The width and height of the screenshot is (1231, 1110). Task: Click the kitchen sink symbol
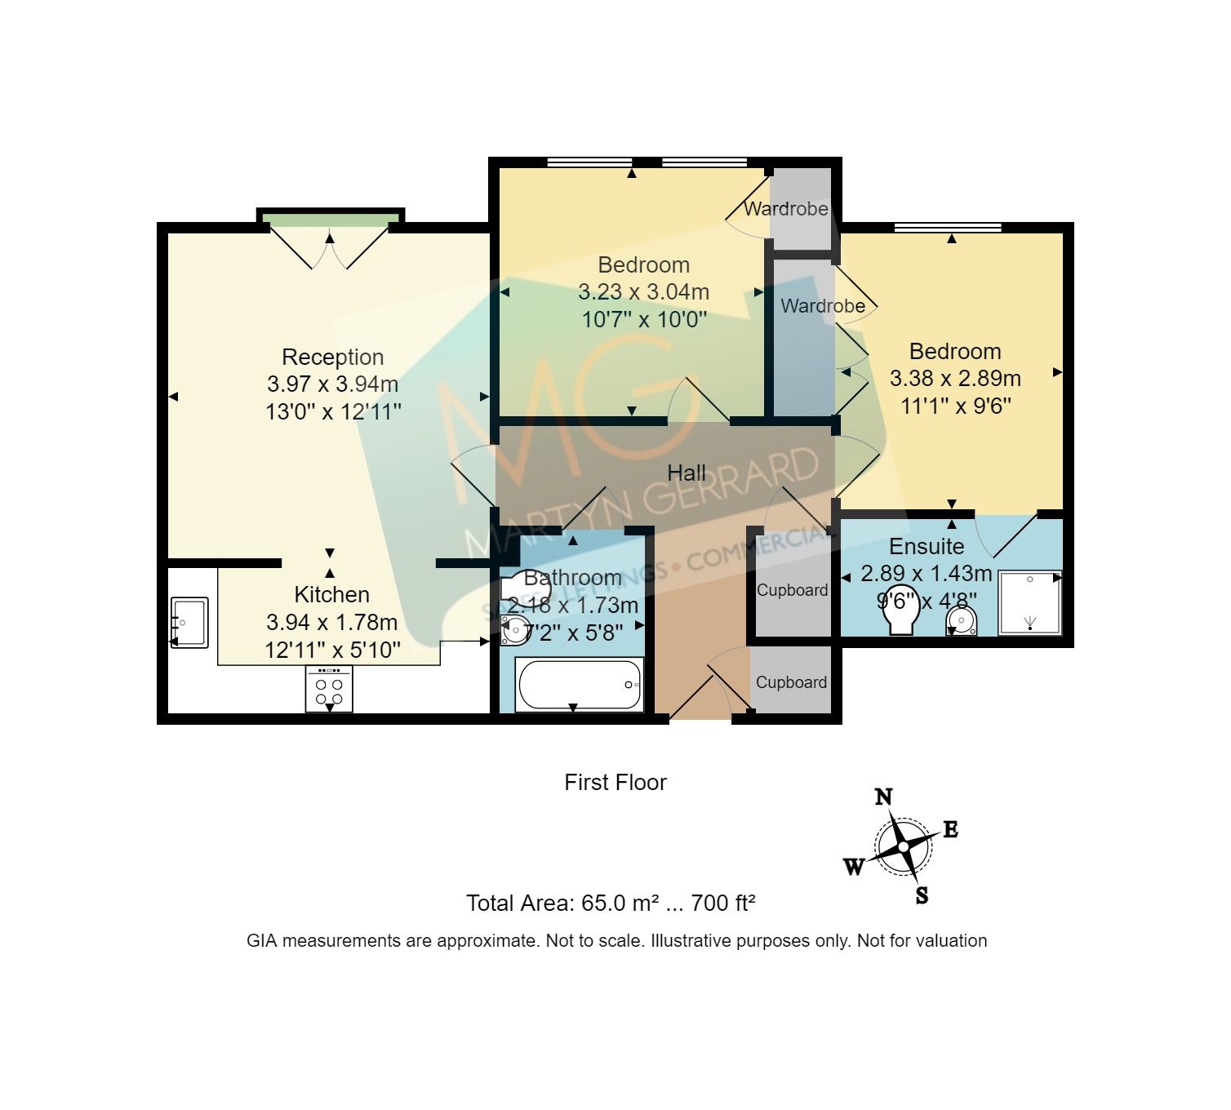click(x=189, y=623)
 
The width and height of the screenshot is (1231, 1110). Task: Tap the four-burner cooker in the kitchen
click(x=330, y=689)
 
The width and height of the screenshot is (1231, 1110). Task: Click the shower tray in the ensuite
click(x=1030, y=603)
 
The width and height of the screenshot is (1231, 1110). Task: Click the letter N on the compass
click(x=883, y=797)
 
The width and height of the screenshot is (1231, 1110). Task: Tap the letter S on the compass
click(x=922, y=895)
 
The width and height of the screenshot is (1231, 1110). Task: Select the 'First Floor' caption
click(x=615, y=783)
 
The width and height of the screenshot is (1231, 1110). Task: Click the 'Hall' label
click(x=687, y=473)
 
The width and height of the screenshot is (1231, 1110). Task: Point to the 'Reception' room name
click(x=332, y=357)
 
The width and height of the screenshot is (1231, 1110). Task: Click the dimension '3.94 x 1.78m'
click(x=331, y=623)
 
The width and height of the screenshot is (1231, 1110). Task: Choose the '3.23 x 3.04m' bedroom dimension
click(x=643, y=291)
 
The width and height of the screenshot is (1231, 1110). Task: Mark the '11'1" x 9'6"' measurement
click(x=955, y=406)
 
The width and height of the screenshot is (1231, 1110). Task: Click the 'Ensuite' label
click(x=927, y=546)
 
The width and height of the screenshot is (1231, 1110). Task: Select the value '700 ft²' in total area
click(x=723, y=904)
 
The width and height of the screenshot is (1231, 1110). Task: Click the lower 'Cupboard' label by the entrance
click(x=791, y=682)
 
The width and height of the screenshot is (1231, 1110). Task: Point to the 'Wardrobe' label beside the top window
click(x=785, y=209)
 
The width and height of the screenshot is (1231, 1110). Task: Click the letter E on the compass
click(x=950, y=831)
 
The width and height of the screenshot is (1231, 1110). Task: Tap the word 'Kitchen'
click(x=331, y=594)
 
